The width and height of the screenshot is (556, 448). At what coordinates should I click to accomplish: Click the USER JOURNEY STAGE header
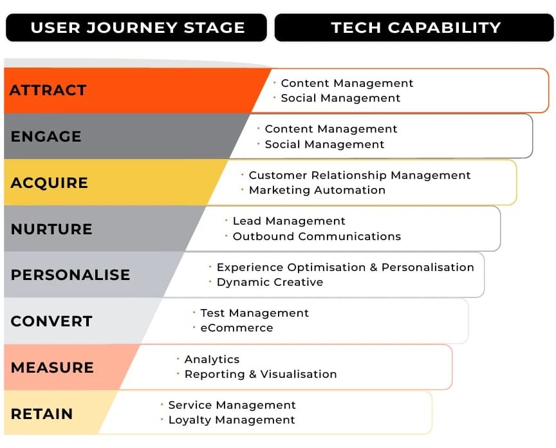[137, 28]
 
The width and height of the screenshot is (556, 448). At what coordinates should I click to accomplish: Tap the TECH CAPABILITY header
[415, 28]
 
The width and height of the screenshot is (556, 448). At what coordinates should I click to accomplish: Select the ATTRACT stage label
[48, 90]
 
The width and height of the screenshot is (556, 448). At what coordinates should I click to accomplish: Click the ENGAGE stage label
[46, 136]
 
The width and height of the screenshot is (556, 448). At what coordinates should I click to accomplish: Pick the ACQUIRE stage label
[50, 183]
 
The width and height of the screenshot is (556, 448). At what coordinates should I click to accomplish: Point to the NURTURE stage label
[51, 229]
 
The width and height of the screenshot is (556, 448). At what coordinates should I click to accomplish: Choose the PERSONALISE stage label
[70, 275]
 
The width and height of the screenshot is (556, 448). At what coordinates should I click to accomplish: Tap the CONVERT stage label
[51, 321]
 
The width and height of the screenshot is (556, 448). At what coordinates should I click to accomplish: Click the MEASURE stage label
[52, 368]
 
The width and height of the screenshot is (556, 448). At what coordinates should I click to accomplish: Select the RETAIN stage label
[42, 414]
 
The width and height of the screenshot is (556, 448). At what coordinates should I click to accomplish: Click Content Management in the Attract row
[347, 83]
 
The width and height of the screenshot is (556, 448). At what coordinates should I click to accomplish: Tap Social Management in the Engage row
[324, 144]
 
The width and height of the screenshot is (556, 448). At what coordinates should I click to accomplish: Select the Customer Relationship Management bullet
[360, 175]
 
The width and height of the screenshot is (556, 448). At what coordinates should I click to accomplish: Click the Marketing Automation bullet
[317, 190]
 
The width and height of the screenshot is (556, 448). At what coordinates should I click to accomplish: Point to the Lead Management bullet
[289, 221]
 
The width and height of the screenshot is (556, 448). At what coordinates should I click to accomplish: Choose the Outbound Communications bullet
[317, 236]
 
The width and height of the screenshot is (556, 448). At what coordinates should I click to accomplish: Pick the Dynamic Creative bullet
[270, 282]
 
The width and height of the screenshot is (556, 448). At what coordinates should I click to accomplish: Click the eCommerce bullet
[236, 328]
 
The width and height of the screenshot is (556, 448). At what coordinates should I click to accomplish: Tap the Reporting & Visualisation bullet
[261, 374]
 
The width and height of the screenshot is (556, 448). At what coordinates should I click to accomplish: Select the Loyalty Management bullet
[232, 420]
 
